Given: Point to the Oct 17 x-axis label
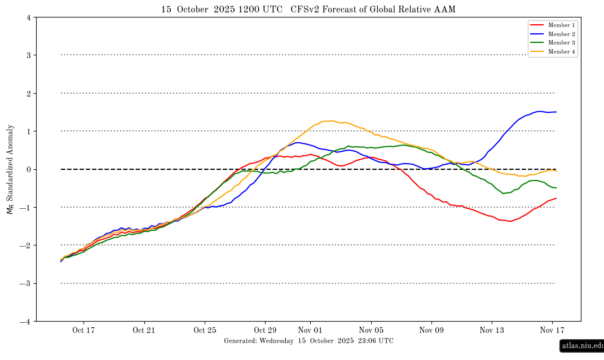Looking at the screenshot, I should coord(83,330).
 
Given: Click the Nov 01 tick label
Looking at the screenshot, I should coord(310,330).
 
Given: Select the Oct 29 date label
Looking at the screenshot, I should coord(265,330).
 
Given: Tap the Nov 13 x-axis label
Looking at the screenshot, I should coord(491,330).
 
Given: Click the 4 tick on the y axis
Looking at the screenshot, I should coord(29,17).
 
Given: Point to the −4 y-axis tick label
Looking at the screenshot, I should coord(27,322).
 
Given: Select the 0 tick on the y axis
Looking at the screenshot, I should coord(29,169).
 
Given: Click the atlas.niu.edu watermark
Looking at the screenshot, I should coord(582,345).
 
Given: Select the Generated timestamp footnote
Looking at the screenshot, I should coord(308,341).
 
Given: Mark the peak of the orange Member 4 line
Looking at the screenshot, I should coord(332,121).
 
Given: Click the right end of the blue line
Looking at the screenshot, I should coord(556,112).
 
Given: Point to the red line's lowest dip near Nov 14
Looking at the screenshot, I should coord(510,221).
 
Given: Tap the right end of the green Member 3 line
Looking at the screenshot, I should coord(556,188).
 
